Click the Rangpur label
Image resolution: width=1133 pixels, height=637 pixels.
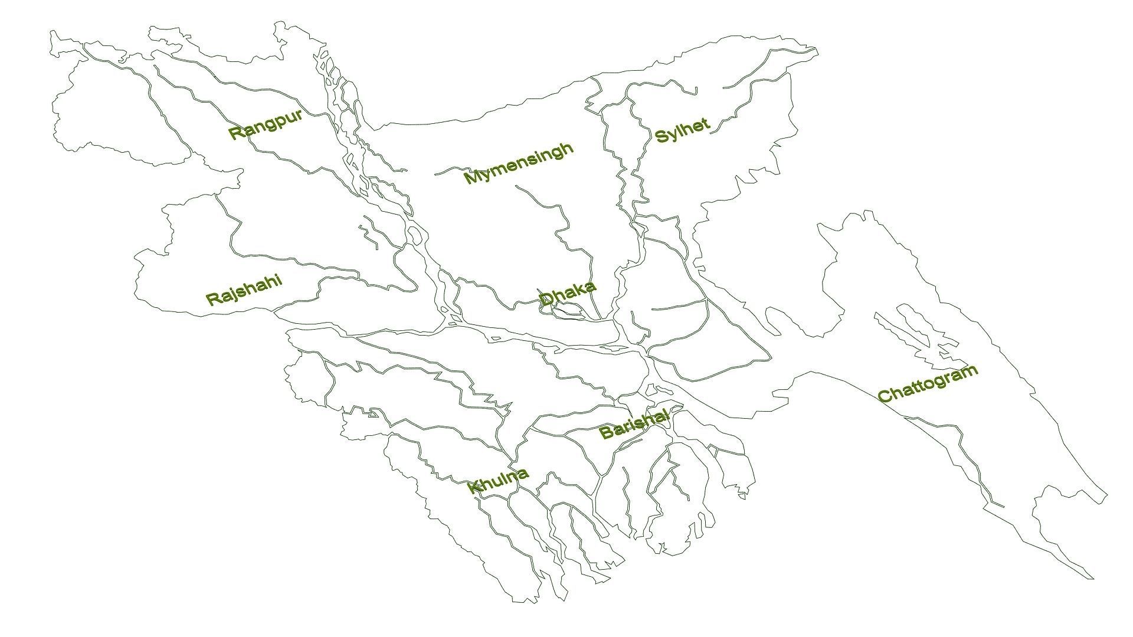pos(266,124)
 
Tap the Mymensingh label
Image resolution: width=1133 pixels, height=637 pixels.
pos(519,163)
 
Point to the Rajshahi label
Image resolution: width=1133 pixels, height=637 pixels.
pos(244,290)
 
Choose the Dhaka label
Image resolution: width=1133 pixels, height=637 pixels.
pos(567,294)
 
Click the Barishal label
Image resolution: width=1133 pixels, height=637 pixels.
pos(634,423)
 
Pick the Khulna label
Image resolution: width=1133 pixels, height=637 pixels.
pos(497,480)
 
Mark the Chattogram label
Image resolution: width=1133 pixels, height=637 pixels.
pos(928,384)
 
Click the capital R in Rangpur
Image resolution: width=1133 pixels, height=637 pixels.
pos(235,133)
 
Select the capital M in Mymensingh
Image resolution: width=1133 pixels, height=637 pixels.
pos(471,176)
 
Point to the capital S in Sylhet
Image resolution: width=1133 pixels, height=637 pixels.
pos(662,137)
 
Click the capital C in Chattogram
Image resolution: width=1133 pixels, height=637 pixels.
pos(885,395)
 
